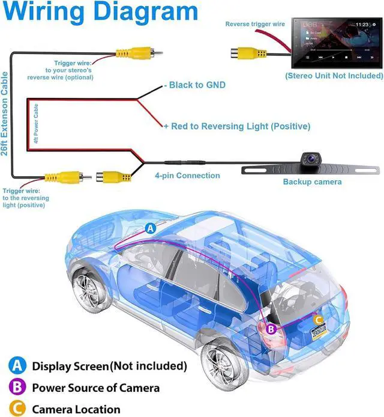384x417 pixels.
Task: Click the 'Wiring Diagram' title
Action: [x=100, y=11]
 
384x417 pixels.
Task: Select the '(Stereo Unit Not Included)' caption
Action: [x=334, y=76]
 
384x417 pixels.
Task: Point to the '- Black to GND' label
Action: [x=195, y=85]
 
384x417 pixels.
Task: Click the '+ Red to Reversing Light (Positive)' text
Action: [x=237, y=126]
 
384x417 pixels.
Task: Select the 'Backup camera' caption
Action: [x=312, y=181]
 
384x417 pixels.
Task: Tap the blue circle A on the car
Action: [x=151, y=228]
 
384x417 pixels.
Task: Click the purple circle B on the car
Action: [x=271, y=329]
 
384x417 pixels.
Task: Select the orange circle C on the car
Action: [x=319, y=320]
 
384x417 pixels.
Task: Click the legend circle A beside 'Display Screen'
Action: [x=16, y=365]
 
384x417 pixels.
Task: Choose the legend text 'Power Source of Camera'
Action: [x=95, y=388]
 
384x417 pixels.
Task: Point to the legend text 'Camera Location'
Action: [x=76, y=409]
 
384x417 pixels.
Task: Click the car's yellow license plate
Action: [x=319, y=333]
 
